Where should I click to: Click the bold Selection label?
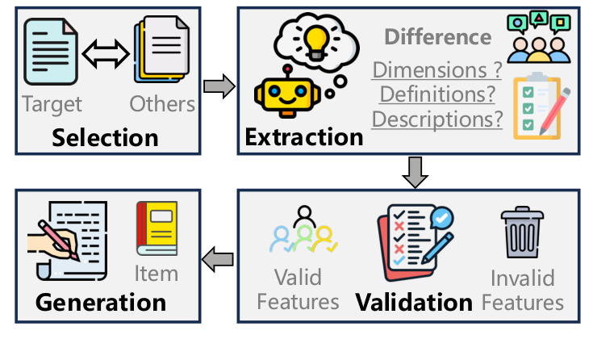[x=105, y=136]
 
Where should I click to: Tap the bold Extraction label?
[x=304, y=136]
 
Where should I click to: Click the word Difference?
[x=437, y=37]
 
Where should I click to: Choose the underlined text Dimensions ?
[x=436, y=69]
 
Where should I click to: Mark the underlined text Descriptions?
[x=436, y=119]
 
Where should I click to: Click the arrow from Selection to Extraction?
[x=216, y=86]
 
